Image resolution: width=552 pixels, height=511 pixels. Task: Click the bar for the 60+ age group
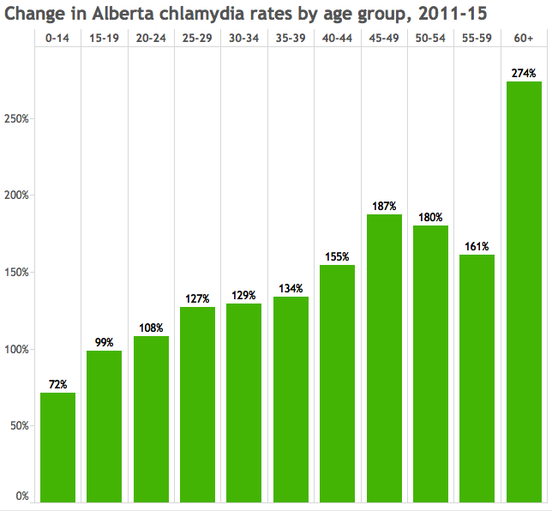pos(524,292)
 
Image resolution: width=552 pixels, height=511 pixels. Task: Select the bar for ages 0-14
pos(57,448)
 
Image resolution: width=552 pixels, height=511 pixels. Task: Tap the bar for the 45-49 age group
pos(384,358)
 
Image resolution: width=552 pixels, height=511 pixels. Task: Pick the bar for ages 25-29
pos(197,405)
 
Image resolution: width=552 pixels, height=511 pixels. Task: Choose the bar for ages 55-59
pos(477,378)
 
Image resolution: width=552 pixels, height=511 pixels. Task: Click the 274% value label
pos(524,73)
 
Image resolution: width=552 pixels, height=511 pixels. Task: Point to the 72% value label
pos(57,384)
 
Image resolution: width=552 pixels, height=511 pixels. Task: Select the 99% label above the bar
pos(105,342)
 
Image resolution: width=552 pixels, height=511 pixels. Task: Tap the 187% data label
pos(384,206)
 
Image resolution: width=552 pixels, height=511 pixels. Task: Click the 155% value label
pos(337,256)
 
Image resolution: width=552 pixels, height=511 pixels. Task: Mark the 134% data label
pos(291,288)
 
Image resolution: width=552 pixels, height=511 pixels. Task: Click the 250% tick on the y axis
pos(16,118)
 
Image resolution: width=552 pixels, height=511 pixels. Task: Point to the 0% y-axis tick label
pos(22,496)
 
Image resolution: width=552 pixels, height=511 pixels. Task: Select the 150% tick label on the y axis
pos(16,273)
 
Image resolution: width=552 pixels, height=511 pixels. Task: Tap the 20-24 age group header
pos(151,38)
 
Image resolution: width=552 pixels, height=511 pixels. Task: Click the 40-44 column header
pos(337,38)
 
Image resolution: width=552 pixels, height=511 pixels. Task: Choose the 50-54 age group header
pos(430,38)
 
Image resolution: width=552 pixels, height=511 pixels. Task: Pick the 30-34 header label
pos(244,38)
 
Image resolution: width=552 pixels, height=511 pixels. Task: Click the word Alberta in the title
pos(123,14)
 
